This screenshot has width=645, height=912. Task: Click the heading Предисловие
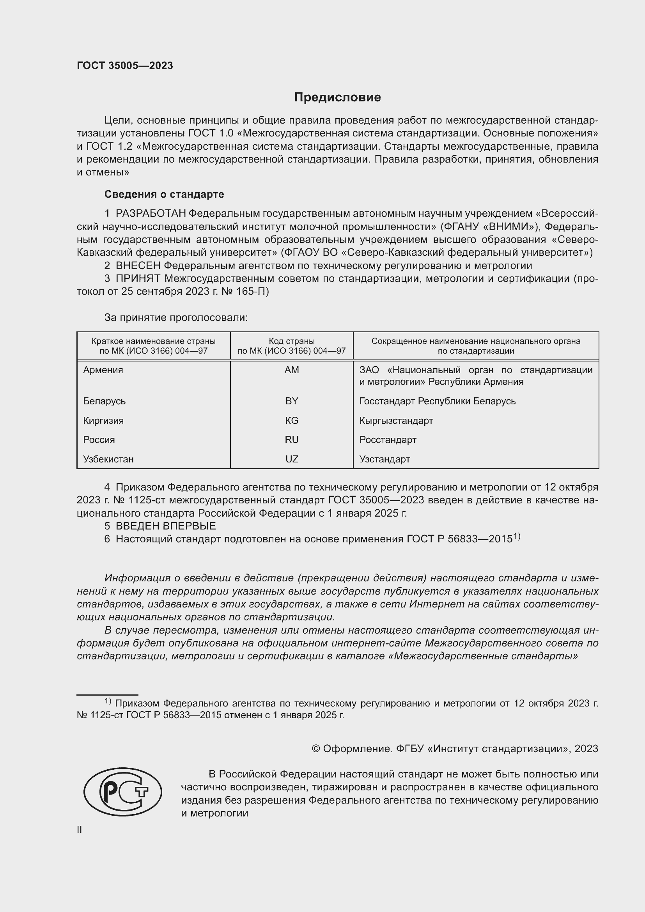tap(337, 97)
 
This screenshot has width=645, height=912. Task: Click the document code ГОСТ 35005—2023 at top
tap(125, 66)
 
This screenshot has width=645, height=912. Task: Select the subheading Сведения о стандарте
tap(164, 194)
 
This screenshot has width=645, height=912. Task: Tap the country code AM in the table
tap(292, 370)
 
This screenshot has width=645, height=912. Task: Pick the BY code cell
tap(292, 401)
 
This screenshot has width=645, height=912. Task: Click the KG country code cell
tap(292, 420)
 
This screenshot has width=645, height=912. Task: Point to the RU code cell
tap(292, 440)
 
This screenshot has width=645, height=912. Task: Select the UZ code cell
tap(292, 459)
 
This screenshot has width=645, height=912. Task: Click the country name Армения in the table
tap(103, 370)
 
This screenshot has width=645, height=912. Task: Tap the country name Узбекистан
tap(108, 459)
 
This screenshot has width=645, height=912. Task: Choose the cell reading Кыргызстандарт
tap(396, 420)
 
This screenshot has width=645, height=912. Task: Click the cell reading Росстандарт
tap(388, 440)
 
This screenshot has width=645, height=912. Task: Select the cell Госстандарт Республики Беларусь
tap(437, 401)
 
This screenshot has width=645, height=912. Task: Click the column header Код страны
tap(292, 341)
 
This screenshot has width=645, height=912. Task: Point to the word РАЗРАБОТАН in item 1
tap(151, 214)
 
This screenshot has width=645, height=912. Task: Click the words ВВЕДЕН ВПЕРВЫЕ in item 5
tap(166, 526)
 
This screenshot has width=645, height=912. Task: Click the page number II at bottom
tap(80, 829)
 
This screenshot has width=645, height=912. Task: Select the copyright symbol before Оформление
tap(316, 749)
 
